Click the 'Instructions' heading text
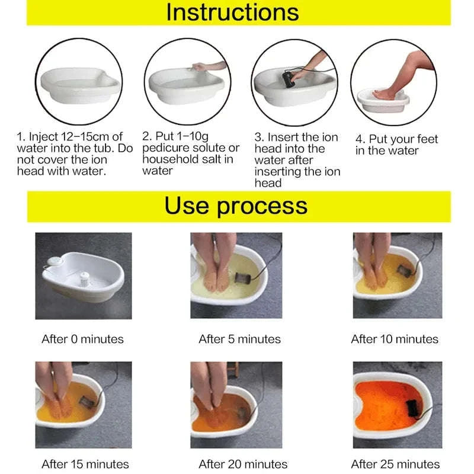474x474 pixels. tap(232, 12)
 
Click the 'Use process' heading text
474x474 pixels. tap(236, 206)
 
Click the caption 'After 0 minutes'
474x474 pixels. tap(82, 340)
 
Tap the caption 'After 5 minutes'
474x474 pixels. tap(239, 340)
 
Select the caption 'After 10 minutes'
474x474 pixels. tap(395, 340)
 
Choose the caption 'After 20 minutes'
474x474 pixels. tap(243, 464)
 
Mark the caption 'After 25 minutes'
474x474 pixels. tap(395, 464)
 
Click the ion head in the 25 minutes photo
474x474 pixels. tap(412, 408)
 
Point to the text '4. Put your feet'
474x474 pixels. tap(396, 139)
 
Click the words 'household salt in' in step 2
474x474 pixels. tap(188, 159)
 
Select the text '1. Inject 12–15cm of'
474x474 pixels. tap(69, 137)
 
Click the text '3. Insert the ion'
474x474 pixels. tap(296, 137)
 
